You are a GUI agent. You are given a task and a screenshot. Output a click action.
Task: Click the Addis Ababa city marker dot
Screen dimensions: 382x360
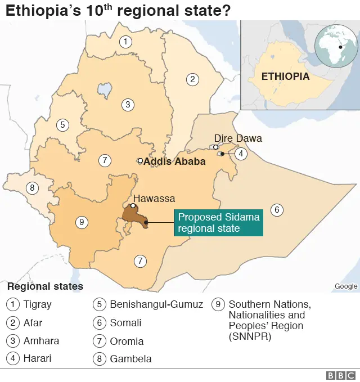coord(140,161)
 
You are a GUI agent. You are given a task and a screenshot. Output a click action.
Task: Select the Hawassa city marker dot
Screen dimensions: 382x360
coord(133,206)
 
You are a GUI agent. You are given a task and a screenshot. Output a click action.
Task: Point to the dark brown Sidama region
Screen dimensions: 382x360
coord(135,216)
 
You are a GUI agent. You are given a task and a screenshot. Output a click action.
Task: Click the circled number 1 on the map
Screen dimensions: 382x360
coord(125,41)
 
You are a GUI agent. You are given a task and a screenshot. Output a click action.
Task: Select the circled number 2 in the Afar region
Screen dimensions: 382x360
coord(192,79)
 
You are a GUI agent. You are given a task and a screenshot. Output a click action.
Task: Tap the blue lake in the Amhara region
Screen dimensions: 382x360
coord(103,89)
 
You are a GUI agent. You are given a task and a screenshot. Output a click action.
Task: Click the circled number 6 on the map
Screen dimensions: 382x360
coord(276,210)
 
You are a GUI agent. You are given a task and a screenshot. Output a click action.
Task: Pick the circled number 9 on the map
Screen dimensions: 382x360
coord(82,223)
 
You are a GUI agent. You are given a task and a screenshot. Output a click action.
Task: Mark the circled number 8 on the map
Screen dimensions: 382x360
coord(33,188)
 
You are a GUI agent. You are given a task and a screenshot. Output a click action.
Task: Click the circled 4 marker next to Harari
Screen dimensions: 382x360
coord(241,154)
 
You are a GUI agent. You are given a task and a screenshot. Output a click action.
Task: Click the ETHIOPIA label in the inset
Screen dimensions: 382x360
coord(286,77)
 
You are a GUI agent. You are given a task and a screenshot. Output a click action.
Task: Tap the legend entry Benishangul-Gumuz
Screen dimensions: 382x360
coord(156,305)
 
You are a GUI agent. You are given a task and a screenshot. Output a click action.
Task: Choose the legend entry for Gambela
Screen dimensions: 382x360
coord(130,359)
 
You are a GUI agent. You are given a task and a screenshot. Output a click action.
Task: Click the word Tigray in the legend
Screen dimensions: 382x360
coord(37,305)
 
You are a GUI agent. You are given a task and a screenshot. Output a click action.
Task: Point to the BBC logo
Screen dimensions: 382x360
coord(340,375)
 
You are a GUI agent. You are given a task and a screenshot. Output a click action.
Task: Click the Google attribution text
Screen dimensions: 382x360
coord(345,286)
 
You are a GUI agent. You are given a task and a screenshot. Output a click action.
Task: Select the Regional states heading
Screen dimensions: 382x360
coord(45,286)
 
